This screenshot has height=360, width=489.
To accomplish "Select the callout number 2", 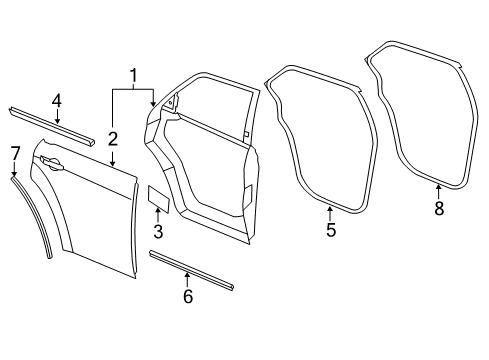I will (x=112, y=138).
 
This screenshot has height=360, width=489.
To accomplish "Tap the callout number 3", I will (x=157, y=233).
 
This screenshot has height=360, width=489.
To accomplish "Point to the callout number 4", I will (x=57, y=100).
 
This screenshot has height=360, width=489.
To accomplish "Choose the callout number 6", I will (x=187, y=297).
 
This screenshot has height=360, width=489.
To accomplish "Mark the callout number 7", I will (x=14, y=152).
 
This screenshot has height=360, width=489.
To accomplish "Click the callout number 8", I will (x=437, y=208).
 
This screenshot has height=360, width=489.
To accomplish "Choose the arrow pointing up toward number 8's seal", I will (x=437, y=190).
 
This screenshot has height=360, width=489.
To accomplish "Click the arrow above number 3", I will (x=157, y=215).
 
